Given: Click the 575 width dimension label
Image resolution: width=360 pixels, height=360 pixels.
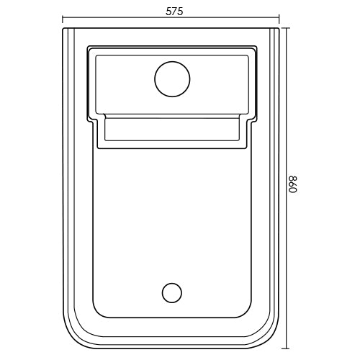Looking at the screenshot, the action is click(x=174, y=12).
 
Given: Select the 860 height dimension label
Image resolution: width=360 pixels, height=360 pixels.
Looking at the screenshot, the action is click(x=293, y=184).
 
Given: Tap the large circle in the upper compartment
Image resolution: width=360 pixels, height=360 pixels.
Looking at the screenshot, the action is click(x=172, y=79).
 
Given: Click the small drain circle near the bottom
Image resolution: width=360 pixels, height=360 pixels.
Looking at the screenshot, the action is click(x=172, y=292).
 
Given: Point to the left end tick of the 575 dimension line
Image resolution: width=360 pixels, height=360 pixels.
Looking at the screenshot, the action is click(x=63, y=19).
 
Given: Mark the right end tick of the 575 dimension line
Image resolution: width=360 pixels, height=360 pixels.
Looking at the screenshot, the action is click(x=279, y=19).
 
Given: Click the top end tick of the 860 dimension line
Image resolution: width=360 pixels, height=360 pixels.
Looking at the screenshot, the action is click(x=286, y=28).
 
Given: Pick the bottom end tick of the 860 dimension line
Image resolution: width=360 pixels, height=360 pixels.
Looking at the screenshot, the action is click(x=286, y=348).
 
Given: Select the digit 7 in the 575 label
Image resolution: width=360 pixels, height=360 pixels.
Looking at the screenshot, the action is click(x=175, y=12).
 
